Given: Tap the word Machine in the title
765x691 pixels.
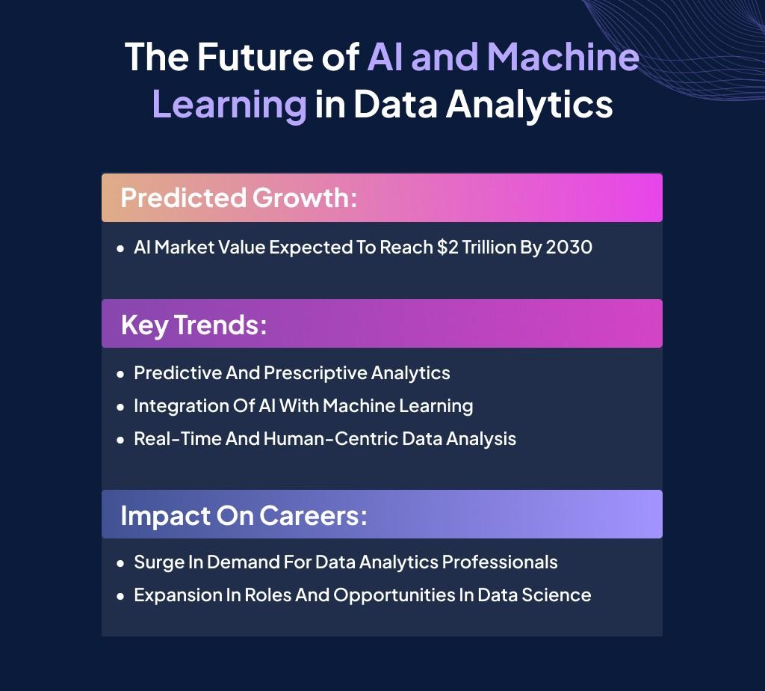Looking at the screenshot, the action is point(563,57).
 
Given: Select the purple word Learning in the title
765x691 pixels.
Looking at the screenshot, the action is point(229,105).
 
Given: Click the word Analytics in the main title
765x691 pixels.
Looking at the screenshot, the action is point(530,105).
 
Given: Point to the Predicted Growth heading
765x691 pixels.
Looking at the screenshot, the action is point(239,197).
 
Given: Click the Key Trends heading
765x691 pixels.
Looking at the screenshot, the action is point(193,325).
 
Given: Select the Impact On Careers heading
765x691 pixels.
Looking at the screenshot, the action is point(244,516).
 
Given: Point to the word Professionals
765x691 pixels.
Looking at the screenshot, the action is point(500,562).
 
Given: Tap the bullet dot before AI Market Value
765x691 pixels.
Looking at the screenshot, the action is point(120,248).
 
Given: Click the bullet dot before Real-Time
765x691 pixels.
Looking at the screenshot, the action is point(120,440).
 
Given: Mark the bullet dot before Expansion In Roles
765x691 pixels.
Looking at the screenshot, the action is point(120,597).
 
